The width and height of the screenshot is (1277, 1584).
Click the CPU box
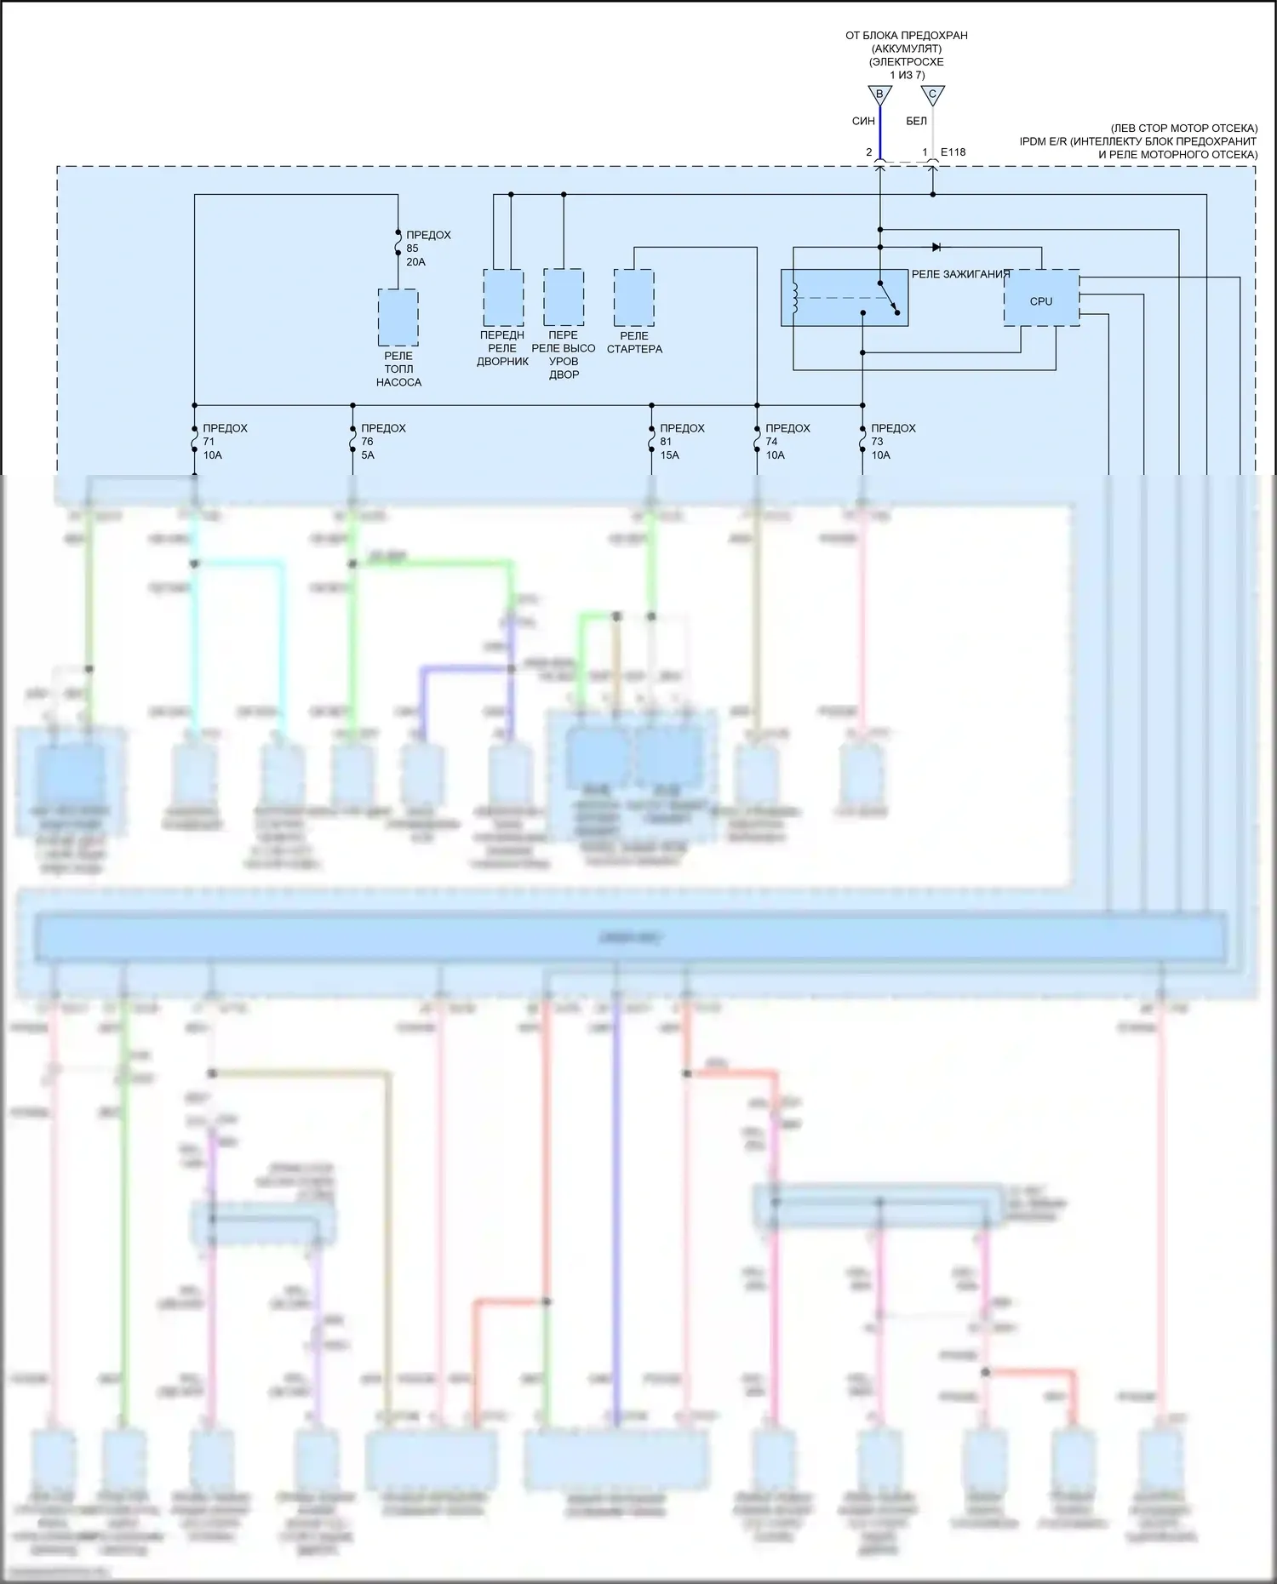coord(1040,299)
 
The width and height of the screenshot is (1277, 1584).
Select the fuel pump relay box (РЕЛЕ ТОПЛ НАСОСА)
coord(398,317)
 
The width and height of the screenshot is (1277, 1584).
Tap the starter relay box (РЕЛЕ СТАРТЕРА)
coord(633,298)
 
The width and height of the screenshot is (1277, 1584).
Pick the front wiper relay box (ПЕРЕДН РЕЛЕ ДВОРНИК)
coord(503,298)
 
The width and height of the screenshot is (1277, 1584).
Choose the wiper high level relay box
coord(564,298)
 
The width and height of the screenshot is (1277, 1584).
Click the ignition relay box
coord(844,298)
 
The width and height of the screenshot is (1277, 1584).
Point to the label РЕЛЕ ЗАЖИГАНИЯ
coord(960,274)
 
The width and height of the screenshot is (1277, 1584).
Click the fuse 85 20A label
coord(427,249)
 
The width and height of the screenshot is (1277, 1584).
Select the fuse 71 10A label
coord(224,442)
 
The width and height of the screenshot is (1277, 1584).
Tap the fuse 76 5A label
coord(382,442)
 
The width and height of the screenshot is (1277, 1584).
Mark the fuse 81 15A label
coord(681,442)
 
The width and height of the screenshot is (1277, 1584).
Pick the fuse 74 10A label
coord(787,442)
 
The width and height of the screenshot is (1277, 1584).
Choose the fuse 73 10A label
coord(892,442)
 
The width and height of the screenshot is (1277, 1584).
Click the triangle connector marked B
coord(879,94)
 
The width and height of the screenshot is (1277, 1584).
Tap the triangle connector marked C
coord(933,94)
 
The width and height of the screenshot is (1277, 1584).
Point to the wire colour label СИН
coord(863,122)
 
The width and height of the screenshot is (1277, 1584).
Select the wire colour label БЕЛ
coord(916,122)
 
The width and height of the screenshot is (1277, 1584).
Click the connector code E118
coord(953,152)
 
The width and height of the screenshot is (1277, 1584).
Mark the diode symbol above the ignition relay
coord(936,247)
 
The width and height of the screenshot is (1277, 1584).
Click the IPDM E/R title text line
coord(1137,141)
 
